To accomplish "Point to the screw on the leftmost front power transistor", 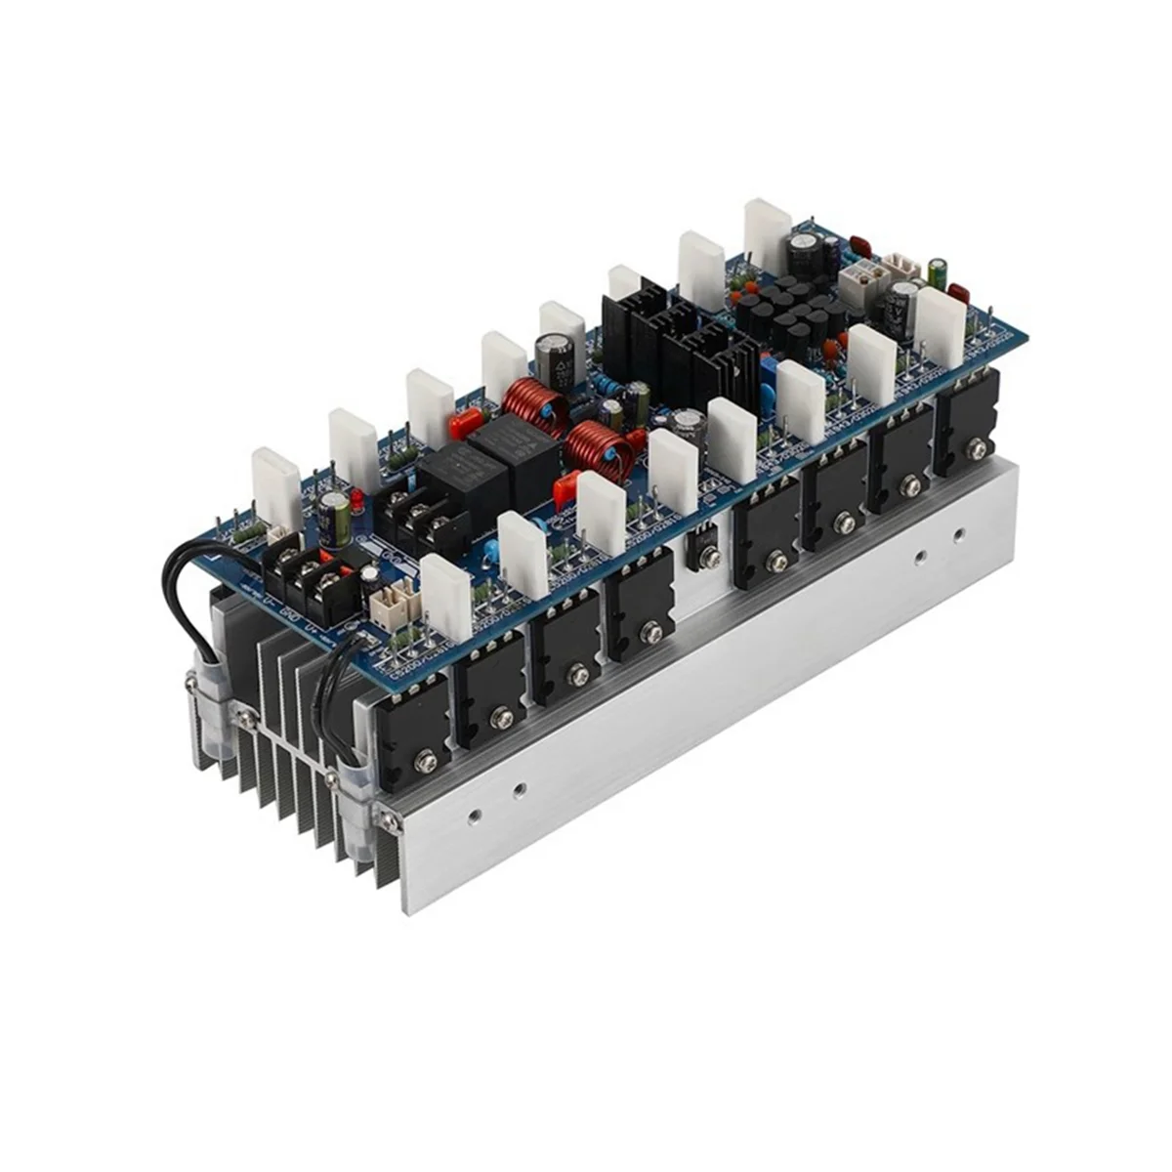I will (x=426, y=757).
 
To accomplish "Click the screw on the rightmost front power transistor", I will (x=974, y=450).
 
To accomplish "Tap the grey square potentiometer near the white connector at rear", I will (x=859, y=276).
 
